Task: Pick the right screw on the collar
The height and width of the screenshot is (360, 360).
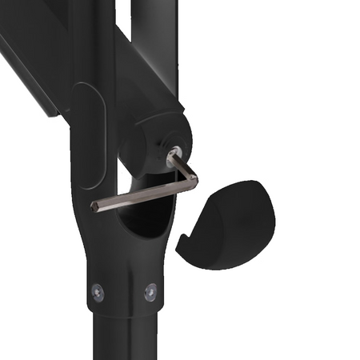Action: pos(150,292)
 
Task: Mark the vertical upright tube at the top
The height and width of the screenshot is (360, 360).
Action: pos(92,32)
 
